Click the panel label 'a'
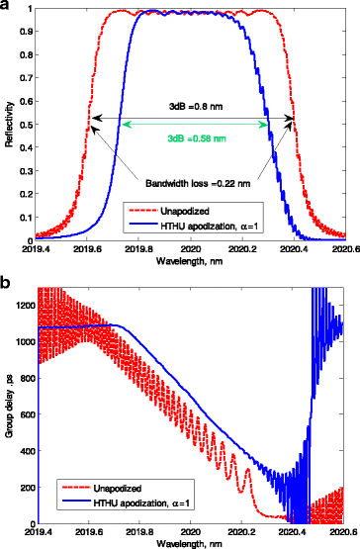7,7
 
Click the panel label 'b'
7,280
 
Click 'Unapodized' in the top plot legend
192,210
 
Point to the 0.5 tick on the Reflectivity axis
29,125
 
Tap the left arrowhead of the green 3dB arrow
122,123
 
